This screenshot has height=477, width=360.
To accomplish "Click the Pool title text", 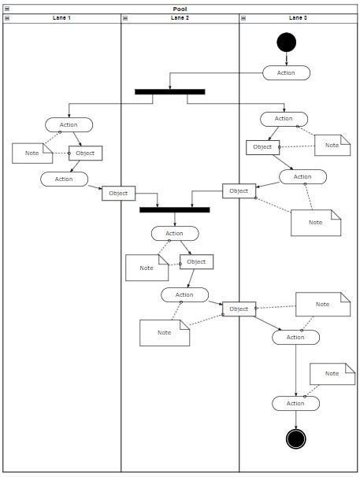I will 180,9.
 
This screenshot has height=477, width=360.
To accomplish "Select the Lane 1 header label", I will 61,17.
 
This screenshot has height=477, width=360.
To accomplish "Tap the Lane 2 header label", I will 180,17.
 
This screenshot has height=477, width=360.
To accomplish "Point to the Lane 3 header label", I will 298,17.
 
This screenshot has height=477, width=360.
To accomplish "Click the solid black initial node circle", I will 286,42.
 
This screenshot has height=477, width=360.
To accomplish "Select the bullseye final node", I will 295,438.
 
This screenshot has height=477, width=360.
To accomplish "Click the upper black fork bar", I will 169,91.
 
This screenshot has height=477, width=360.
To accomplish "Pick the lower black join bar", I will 174,210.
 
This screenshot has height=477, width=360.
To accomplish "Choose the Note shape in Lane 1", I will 32,153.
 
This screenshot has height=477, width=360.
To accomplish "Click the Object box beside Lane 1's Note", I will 85,153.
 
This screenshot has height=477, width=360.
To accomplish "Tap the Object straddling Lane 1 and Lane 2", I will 118,193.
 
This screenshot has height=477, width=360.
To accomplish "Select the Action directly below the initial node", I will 286,72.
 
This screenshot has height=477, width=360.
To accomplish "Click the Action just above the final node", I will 295,403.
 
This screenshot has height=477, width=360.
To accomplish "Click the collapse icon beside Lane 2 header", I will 124,17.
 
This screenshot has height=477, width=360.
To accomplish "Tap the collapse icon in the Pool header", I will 6,9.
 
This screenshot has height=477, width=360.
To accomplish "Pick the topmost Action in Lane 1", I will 69,124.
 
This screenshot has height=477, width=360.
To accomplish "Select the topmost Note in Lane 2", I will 147,268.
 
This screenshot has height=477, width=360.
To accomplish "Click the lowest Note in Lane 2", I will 164,332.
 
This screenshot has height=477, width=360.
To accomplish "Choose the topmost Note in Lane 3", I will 332,145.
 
